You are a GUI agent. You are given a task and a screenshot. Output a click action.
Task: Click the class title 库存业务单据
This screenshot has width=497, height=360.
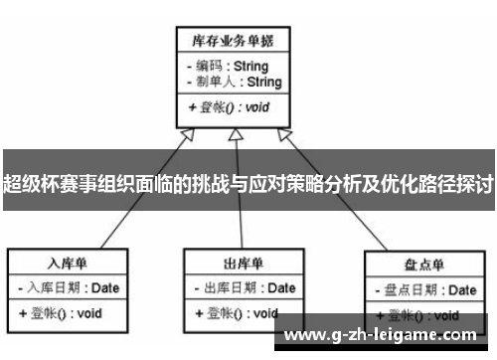click(x=234, y=41)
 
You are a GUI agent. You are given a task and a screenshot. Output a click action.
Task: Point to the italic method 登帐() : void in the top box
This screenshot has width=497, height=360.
click(x=230, y=106)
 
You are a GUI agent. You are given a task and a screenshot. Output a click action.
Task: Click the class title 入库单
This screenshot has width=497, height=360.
click(x=68, y=264)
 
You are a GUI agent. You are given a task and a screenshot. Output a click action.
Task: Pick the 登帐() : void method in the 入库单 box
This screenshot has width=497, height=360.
click(x=62, y=312)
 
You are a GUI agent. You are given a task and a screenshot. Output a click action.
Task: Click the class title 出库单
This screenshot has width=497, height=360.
click(x=243, y=264)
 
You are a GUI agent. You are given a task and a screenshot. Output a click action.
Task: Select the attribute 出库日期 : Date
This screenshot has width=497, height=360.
click(x=244, y=288)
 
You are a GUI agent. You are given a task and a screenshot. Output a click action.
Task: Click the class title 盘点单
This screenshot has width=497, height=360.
click(x=423, y=266)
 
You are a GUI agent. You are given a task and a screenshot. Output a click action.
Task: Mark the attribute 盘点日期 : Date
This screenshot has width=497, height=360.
click(x=424, y=290)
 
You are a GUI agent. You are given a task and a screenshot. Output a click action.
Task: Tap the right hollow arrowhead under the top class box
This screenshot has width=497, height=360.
click(x=284, y=135)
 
